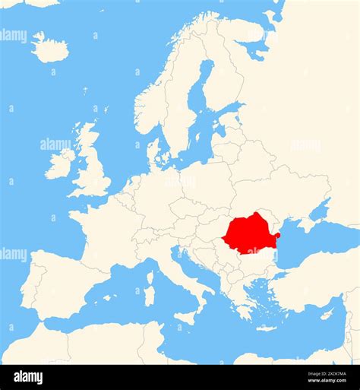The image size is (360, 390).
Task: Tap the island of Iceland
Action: [x=51, y=49]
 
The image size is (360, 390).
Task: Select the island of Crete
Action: [x=267, y=328]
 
